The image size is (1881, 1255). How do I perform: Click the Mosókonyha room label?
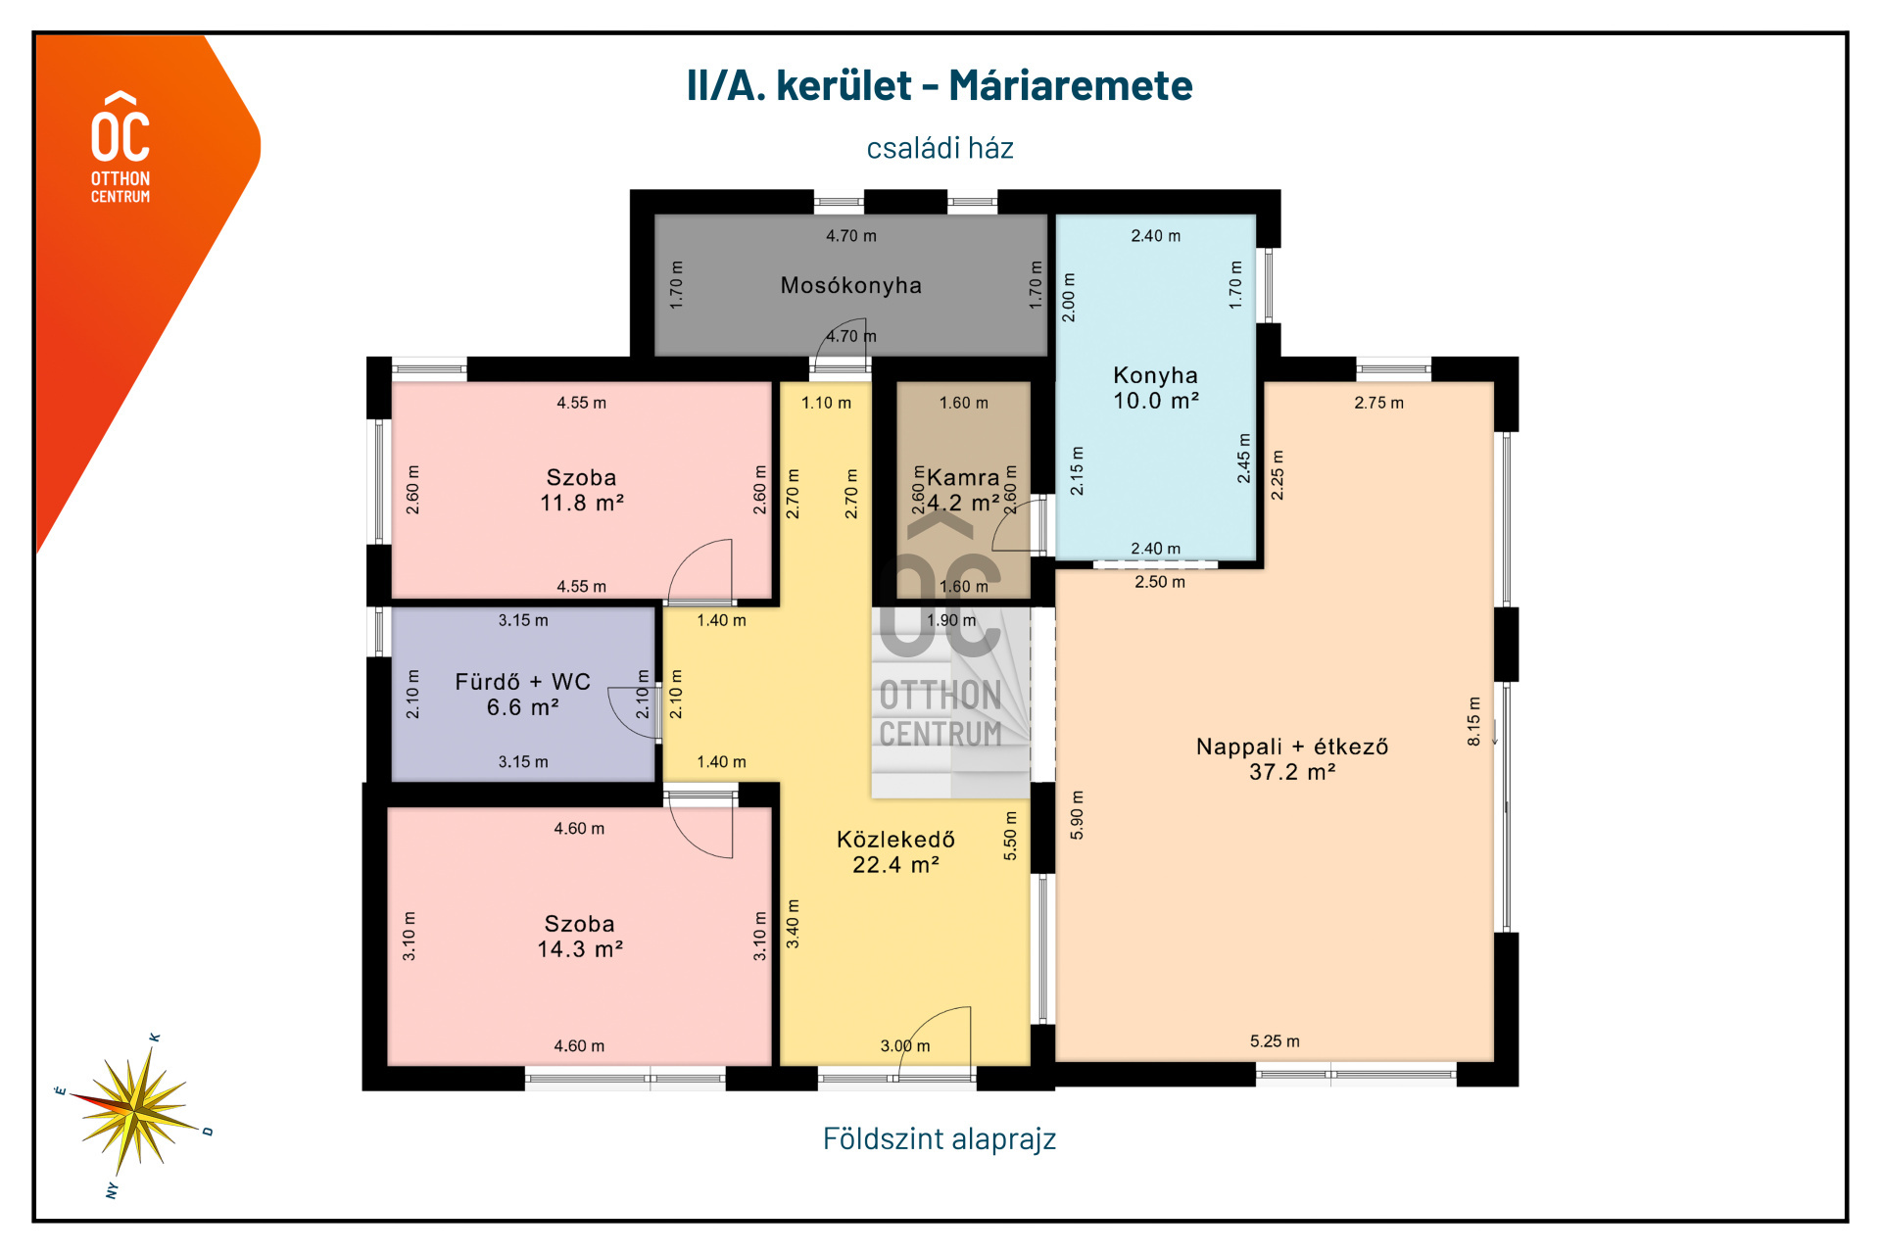[x=850, y=286]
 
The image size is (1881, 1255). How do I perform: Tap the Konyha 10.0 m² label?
[x=1156, y=388]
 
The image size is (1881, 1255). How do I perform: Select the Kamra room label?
[x=963, y=478]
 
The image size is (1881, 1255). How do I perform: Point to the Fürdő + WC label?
[x=522, y=694]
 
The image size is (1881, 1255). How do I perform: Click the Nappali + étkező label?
[x=1292, y=758]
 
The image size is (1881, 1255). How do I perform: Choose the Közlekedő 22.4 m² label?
[x=895, y=851]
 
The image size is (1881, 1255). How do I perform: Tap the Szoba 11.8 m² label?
[x=581, y=490]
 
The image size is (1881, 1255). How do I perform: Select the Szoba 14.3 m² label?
[x=580, y=936]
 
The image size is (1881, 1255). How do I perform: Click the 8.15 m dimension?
[x=1474, y=721]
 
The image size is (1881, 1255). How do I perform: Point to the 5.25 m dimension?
[x=1275, y=1041]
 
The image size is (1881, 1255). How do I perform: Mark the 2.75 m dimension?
[x=1378, y=403]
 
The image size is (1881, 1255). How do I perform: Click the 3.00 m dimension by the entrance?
[x=905, y=1046]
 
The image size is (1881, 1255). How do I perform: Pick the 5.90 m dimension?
[x=1077, y=814]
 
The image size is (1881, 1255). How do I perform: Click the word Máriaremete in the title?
[x=1070, y=86]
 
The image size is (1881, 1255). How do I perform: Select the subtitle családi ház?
[x=940, y=148]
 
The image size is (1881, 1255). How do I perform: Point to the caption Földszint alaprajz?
[x=939, y=1138]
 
